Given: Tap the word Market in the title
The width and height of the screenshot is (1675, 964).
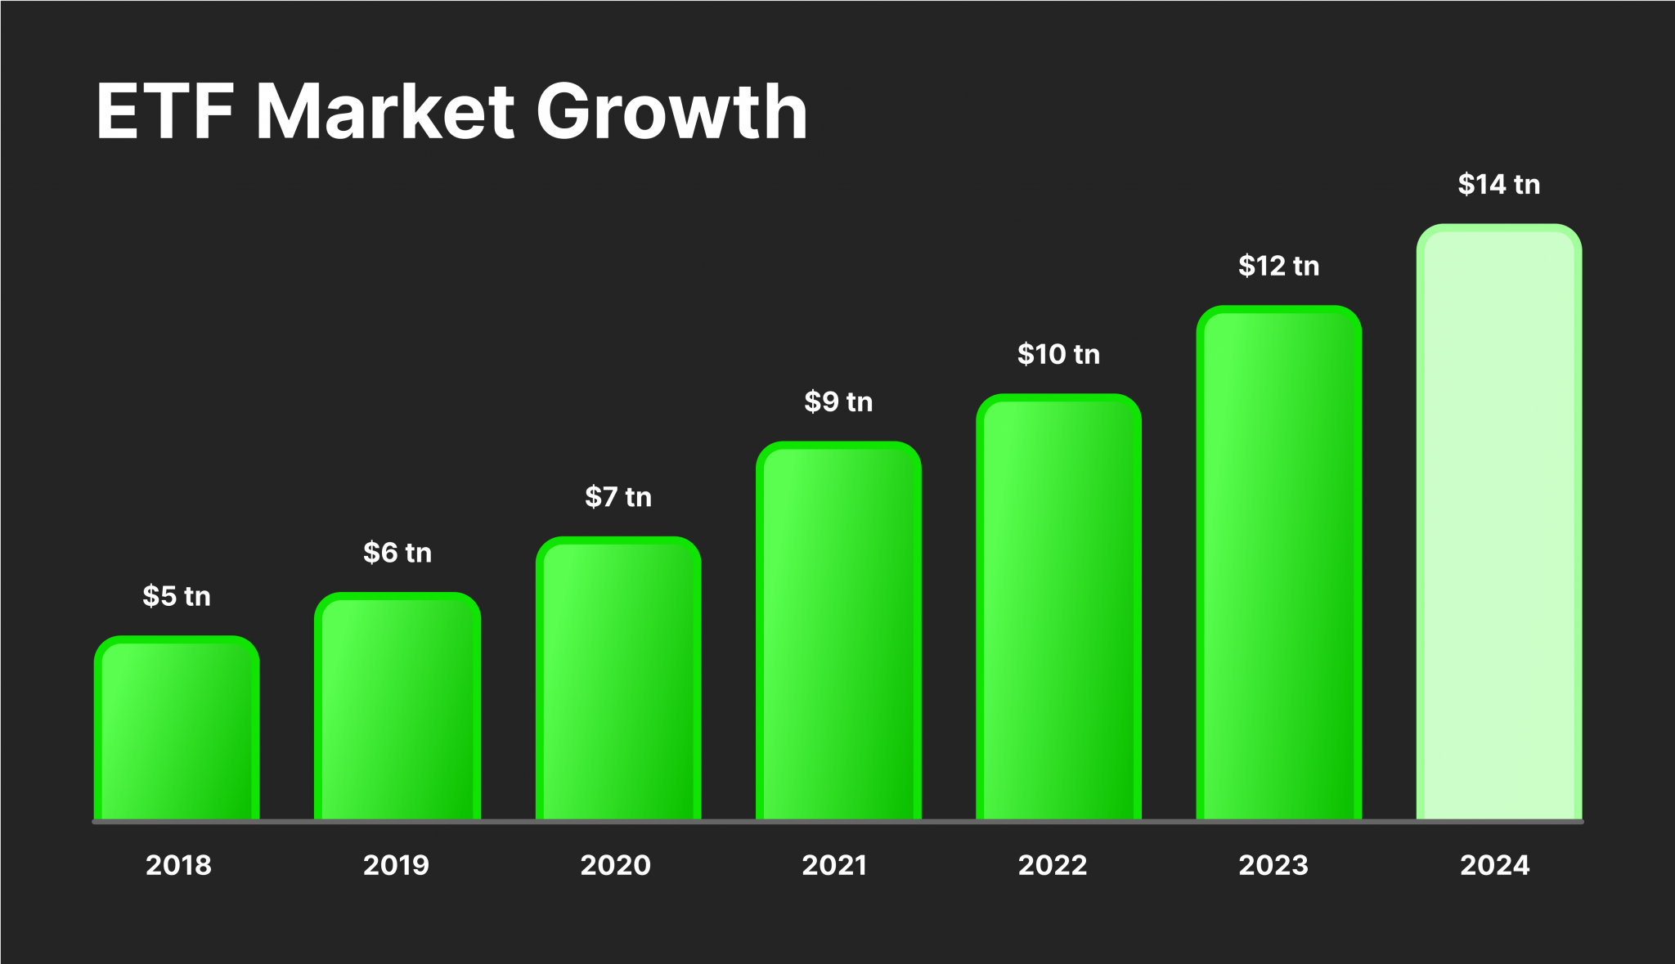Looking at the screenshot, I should click(385, 112).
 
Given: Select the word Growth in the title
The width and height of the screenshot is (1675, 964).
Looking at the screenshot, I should click(671, 112).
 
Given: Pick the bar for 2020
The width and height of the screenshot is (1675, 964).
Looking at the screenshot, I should click(618, 679).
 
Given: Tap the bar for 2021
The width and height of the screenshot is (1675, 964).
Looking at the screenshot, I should click(838, 630).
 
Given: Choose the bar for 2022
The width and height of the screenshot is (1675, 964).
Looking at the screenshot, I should click(1058, 607).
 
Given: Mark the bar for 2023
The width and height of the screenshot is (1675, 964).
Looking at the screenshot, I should click(1278, 563).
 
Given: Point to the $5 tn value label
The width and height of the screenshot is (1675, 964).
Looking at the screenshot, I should click(177, 596).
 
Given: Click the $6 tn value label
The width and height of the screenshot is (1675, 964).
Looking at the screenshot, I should click(397, 553).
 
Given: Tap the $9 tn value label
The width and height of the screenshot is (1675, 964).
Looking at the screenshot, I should click(838, 401).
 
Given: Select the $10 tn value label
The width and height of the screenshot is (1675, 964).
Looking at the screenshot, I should click(1058, 354).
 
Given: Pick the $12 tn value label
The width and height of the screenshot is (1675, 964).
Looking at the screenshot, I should click(1278, 266).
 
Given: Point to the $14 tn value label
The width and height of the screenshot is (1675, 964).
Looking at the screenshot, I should click(1498, 184).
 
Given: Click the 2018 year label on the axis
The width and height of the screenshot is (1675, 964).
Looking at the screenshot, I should click(178, 865).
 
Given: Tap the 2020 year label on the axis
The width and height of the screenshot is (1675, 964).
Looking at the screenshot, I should click(615, 865).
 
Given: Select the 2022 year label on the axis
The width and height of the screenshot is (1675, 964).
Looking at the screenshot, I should click(1053, 865).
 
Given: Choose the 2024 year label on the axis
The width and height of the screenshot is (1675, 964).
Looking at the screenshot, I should click(1495, 865).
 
